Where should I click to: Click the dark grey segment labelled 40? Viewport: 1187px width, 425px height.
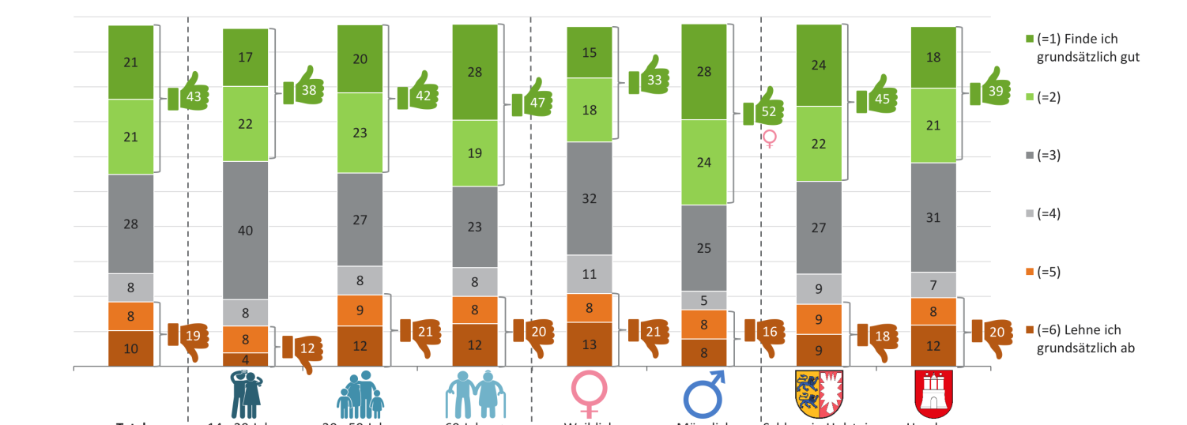[246, 231]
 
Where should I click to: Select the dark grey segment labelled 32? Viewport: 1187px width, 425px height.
[590, 198]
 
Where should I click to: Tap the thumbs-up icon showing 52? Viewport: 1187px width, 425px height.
[764, 112]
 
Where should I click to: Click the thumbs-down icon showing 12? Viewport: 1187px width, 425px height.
[303, 348]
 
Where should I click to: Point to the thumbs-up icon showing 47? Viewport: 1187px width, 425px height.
[533, 103]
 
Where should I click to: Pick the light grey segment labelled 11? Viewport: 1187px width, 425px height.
[590, 274]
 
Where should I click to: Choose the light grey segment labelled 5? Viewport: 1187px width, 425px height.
[704, 300]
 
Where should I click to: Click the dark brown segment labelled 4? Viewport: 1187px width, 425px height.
[246, 359]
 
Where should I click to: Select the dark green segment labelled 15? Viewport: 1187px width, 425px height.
[590, 52]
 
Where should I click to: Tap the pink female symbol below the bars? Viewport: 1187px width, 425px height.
[589, 393]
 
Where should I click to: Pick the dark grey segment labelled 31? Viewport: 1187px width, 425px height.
[933, 217]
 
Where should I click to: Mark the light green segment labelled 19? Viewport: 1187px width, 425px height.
[475, 153]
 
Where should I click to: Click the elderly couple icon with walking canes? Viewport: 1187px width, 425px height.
[474, 393]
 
